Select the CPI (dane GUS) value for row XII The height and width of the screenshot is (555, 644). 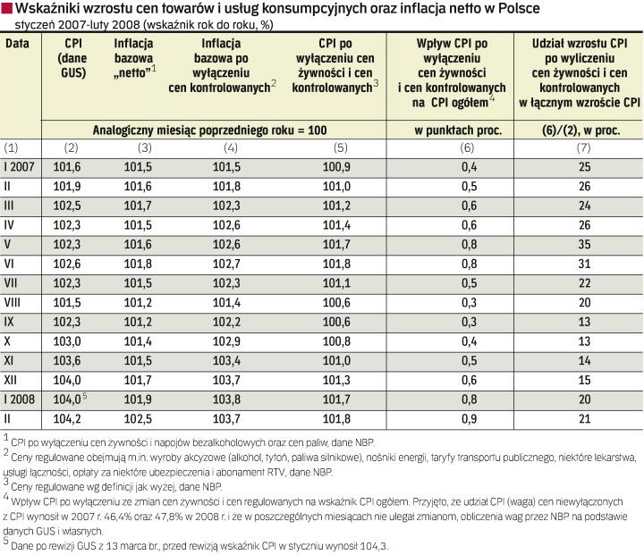pyautogui.click(x=75, y=380)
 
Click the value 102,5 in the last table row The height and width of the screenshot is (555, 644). pyautogui.click(x=138, y=419)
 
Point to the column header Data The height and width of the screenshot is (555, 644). pyautogui.click(x=19, y=43)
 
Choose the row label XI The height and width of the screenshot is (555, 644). pyautogui.click(x=12, y=360)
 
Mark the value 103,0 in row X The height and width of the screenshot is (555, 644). pyautogui.click(x=75, y=341)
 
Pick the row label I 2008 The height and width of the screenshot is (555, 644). pyautogui.click(x=21, y=399)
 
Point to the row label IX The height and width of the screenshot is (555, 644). pyautogui.click(x=11, y=321)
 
